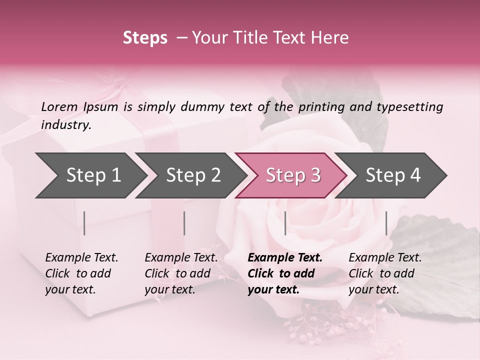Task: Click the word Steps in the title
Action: pos(145,38)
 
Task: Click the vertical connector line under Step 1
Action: pos(84,223)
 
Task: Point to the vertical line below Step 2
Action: pos(184,223)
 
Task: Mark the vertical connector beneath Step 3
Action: pos(285,223)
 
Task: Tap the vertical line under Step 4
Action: pos(386,223)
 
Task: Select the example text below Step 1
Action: pos(81,273)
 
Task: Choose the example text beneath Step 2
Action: pos(181,273)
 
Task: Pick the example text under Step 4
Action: pos(385,273)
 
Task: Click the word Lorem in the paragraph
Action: pos(59,106)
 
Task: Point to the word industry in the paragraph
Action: pos(65,124)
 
